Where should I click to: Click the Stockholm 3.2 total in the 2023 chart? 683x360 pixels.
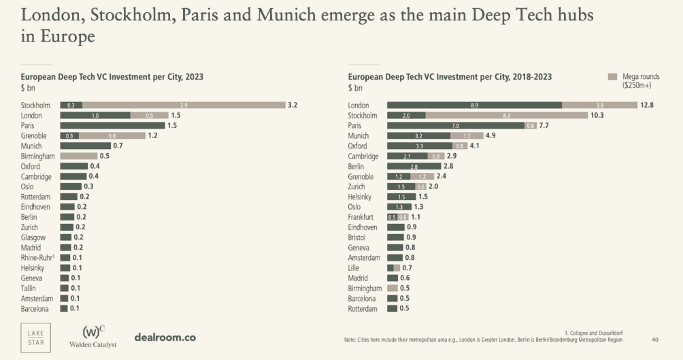[293, 105]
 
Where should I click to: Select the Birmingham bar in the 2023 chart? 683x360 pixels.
[78, 156]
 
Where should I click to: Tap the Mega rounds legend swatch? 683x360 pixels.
[612, 77]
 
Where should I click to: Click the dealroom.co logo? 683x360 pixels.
[165, 337]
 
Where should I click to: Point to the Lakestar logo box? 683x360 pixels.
[35, 336]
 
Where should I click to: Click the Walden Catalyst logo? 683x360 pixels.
[93, 337]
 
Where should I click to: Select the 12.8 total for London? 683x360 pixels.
[647, 105]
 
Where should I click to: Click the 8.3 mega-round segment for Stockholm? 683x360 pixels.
[507, 116]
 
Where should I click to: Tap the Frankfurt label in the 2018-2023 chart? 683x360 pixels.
[361, 217]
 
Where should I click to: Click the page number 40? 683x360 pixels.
[655, 339]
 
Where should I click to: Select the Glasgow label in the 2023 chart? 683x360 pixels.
[33, 238]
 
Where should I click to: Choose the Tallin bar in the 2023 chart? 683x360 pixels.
[65, 289]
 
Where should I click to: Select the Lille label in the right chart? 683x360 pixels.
[354, 268]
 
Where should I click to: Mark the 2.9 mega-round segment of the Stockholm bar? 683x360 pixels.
[184, 105]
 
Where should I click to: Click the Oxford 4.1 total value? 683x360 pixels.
[475, 146]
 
